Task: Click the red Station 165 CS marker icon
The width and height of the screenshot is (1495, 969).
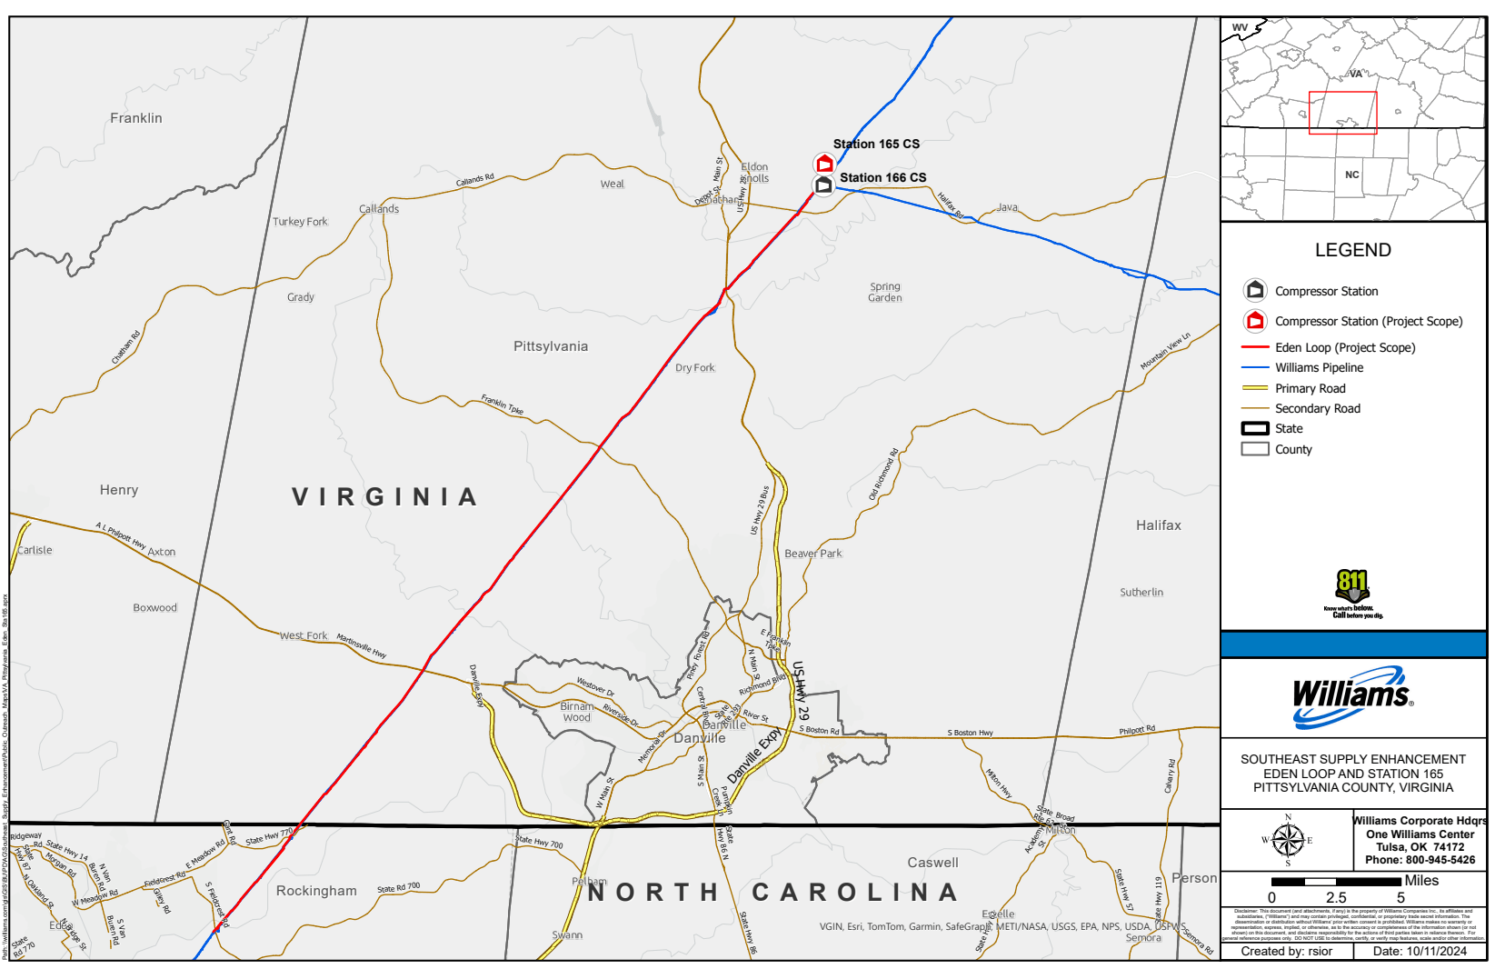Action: (824, 164)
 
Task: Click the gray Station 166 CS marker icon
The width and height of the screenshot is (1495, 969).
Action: (823, 185)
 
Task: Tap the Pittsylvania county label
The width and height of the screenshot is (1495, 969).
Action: (550, 346)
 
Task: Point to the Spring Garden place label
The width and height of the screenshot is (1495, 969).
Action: (884, 292)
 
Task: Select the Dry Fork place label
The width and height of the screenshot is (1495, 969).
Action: (694, 368)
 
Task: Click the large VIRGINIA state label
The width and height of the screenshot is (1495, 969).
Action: (384, 497)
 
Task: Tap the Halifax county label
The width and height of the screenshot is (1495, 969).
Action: (1158, 525)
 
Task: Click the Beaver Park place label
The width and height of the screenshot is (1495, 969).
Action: (812, 554)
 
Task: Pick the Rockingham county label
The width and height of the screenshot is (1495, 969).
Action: (316, 891)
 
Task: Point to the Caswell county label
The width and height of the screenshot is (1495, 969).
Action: (932, 863)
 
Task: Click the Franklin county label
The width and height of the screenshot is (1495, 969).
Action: (136, 118)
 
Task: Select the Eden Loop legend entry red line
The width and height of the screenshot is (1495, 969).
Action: (1254, 347)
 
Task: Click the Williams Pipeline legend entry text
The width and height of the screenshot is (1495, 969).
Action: (1319, 368)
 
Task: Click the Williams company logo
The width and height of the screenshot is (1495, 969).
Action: (1352, 697)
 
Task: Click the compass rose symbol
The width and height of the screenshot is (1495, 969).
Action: (1287, 840)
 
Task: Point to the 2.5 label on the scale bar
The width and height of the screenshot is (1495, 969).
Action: (1336, 898)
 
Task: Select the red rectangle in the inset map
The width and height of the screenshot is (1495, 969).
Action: (1342, 113)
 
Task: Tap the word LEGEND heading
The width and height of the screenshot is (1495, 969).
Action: (1352, 250)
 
